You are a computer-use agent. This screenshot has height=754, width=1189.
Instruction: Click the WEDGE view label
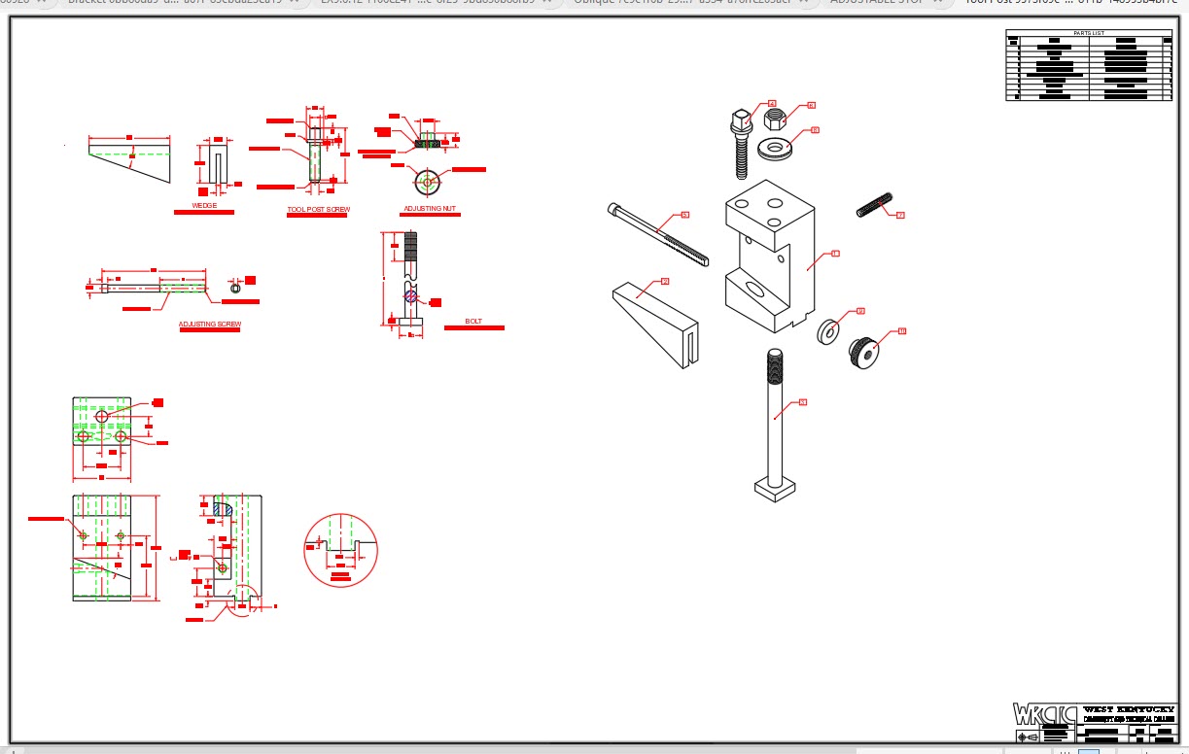point(204,205)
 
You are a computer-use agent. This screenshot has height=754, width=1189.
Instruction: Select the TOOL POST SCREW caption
point(318,209)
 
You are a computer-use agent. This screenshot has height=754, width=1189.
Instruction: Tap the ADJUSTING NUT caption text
point(430,209)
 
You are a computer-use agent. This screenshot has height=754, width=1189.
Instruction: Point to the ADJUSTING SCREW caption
point(210,324)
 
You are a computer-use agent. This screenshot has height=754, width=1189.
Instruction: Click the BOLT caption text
point(473,321)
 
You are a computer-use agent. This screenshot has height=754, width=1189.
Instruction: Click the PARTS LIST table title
point(1089,33)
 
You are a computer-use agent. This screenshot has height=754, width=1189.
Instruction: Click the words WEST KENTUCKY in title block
point(1128,709)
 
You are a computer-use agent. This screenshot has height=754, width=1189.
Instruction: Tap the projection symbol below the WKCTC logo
point(1027,737)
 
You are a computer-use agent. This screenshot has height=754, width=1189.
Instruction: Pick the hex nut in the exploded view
point(774,120)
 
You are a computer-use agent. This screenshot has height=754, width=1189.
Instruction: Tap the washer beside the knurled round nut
point(828,331)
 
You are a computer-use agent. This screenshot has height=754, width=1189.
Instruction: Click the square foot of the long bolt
point(775,489)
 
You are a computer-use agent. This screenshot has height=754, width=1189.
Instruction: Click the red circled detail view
point(340,550)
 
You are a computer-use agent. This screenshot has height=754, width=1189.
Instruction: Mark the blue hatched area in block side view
point(223,509)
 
